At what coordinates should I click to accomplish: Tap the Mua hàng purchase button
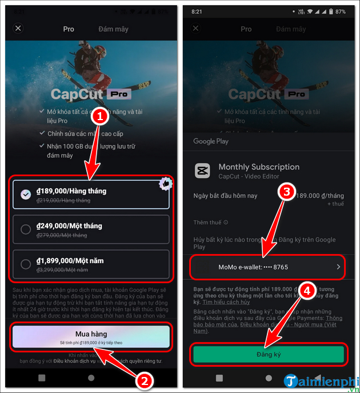pos(91,336)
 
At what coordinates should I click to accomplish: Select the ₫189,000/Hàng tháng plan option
pos(91,194)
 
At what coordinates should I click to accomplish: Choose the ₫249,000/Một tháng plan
pos(91,229)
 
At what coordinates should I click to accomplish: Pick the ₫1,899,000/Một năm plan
pos(91,264)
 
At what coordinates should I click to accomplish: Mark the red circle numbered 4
pos(307,292)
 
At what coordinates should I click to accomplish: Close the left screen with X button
pos(18,28)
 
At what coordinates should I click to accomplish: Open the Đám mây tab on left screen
pos(113,29)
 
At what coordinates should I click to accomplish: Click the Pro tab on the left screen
pos(69,29)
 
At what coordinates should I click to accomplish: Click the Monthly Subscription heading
pos(259,167)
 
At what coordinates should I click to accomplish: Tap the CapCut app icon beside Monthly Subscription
pos(202,171)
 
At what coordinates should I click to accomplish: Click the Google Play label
pos(210,141)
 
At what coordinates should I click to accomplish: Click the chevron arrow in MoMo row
pos(338,267)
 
